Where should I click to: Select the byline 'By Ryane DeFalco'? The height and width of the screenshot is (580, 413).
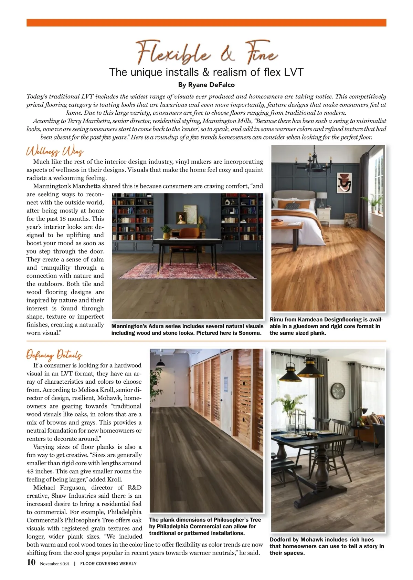click(206, 85)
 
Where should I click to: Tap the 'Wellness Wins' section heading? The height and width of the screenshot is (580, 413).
click(55, 152)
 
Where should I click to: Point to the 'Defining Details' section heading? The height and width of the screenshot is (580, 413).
click(54, 355)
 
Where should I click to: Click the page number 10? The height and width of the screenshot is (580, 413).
click(31, 562)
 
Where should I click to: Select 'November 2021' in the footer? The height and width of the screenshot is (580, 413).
click(55, 564)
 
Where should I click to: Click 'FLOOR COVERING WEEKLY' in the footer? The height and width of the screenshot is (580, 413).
click(108, 564)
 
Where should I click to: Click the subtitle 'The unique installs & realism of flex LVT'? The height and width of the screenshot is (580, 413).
click(206, 72)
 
